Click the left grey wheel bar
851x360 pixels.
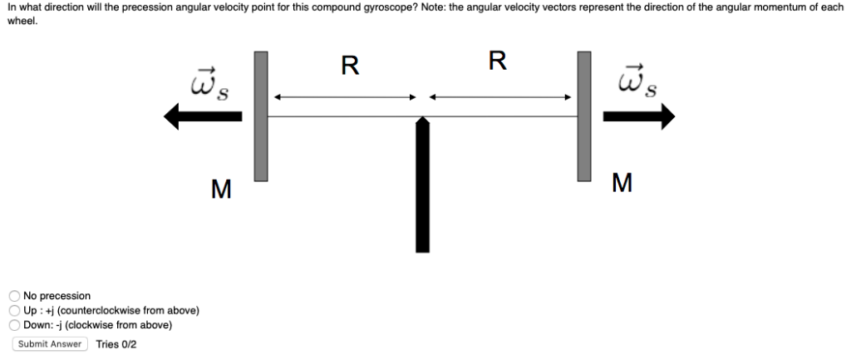[x=261, y=116]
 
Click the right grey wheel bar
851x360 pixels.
[x=584, y=116]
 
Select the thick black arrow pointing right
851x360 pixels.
[x=638, y=117]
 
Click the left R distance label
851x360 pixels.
[x=350, y=65]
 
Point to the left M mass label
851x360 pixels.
[x=220, y=190]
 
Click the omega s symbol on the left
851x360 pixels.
[x=210, y=82]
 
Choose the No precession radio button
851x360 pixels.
[x=15, y=295]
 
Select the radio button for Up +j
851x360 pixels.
[x=15, y=310]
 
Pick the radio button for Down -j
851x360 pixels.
[x=15, y=325]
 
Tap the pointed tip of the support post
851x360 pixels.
[x=422, y=121]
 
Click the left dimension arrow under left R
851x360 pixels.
[x=344, y=97]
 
